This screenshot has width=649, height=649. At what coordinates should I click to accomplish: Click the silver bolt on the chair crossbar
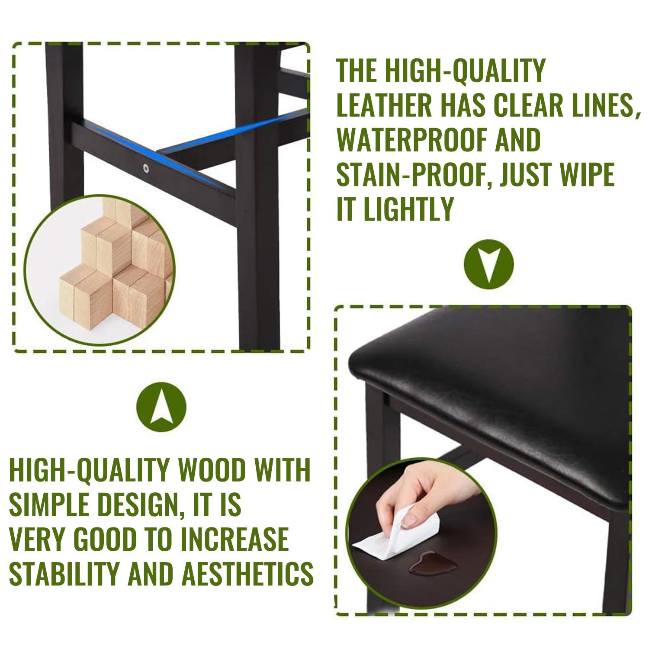(x=146, y=167)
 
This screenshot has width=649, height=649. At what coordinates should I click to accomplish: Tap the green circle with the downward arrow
(x=488, y=264)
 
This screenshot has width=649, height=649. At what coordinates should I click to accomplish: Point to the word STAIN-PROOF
(x=414, y=174)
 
